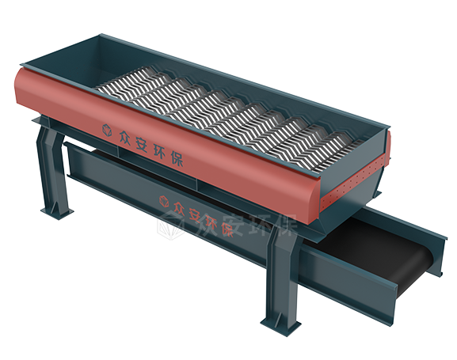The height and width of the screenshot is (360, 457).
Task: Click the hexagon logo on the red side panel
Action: pyautogui.click(x=107, y=130)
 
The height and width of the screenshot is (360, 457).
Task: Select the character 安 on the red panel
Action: pyautogui.click(x=143, y=143)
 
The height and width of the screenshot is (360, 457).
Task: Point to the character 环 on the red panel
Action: pyautogui.click(x=160, y=151)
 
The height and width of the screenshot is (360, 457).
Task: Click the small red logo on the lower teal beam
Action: pyautogui.click(x=164, y=201)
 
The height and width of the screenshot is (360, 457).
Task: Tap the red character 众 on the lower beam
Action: pyautogui.click(x=180, y=208)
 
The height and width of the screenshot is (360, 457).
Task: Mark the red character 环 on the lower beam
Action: pyautogui.click(x=211, y=222)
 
